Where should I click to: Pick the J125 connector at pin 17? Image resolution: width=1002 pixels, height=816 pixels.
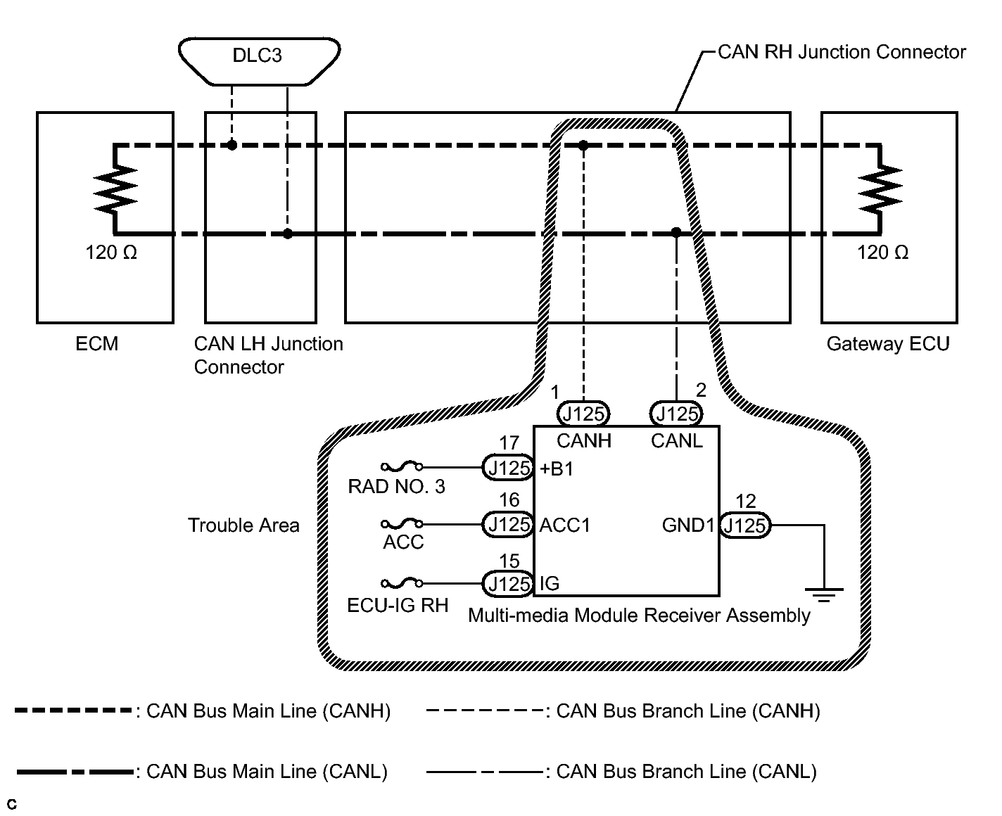tap(508, 468)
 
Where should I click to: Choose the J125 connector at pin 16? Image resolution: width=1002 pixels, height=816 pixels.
tap(508, 525)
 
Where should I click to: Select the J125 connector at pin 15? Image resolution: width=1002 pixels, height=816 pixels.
tap(508, 583)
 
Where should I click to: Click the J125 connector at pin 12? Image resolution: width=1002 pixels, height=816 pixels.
tap(746, 525)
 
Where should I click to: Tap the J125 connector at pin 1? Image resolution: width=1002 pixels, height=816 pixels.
tap(583, 414)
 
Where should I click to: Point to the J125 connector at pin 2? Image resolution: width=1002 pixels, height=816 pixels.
tap(676, 414)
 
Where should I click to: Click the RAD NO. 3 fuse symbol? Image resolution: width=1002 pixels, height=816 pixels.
tap(402, 466)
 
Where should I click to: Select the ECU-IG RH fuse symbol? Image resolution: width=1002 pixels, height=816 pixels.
tap(402, 583)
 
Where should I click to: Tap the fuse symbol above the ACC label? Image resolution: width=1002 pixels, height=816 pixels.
tap(402, 524)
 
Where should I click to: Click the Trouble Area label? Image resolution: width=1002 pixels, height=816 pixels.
tap(243, 525)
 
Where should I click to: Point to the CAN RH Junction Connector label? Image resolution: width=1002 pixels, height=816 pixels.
tap(842, 52)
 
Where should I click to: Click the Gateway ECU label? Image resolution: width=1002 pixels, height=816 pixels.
tap(887, 344)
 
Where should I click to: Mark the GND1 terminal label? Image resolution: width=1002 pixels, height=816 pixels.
tap(688, 525)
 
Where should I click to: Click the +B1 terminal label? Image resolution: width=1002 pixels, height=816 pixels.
tap(557, 469)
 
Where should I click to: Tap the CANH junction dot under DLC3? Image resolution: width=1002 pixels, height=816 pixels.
tap(232, 145)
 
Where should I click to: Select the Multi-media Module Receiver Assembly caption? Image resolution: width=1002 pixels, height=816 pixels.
tap(639, 616)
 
